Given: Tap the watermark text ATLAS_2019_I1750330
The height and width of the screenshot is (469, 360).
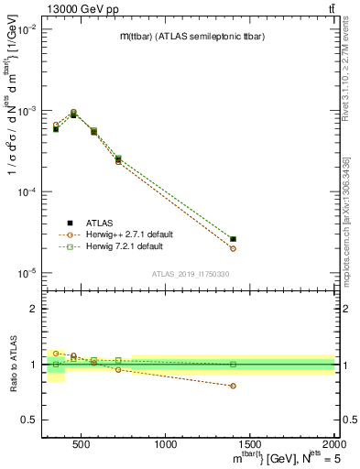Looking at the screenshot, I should coord(190,274).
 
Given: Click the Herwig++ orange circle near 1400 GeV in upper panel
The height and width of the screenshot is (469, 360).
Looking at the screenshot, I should coord(233,248).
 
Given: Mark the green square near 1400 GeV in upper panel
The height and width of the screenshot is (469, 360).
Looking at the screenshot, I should coord(233,239).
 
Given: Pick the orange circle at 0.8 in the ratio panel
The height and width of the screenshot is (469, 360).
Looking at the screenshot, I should coord(233,386).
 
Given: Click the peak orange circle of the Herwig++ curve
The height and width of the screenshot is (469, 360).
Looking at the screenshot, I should coord(73,112).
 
